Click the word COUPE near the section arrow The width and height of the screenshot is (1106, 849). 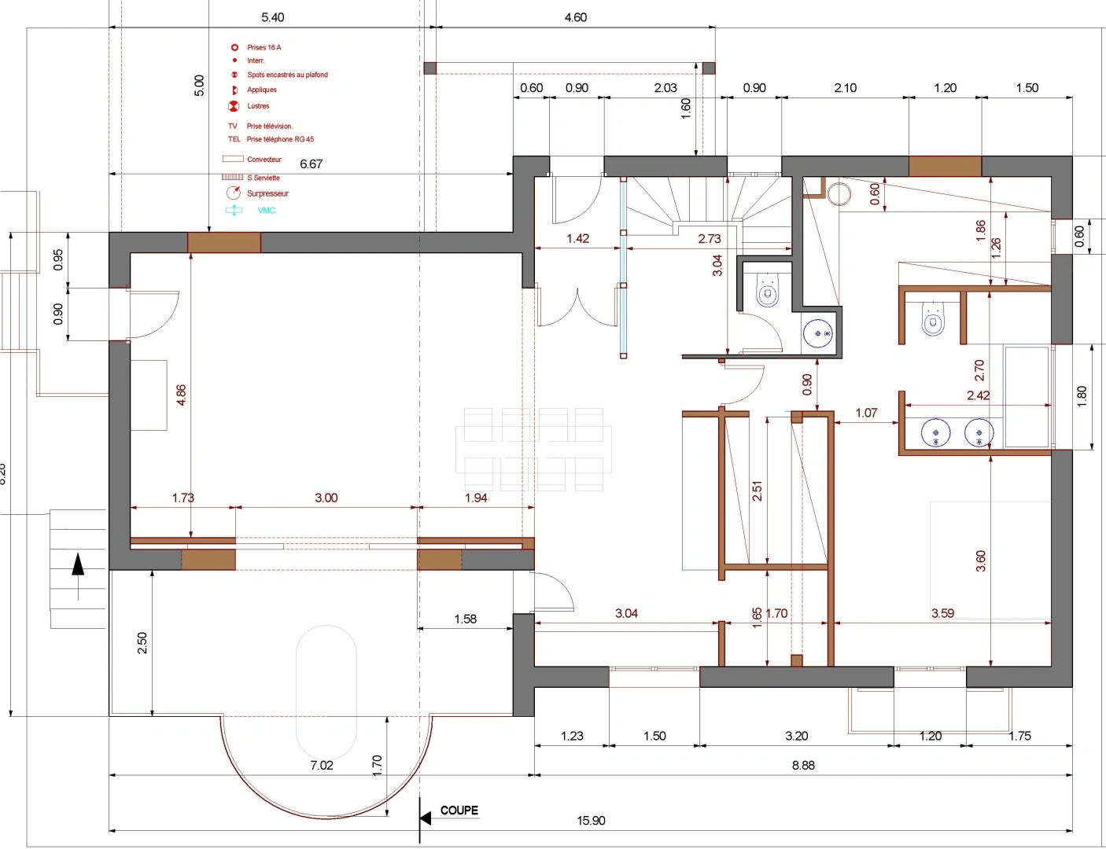459,810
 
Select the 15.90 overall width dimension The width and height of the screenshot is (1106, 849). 591,821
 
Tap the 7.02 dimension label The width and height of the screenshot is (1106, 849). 322,765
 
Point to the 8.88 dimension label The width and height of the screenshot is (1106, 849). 803,765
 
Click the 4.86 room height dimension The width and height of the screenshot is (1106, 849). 181,395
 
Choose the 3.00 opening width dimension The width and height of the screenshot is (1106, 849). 326,498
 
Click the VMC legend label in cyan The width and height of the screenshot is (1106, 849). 266,211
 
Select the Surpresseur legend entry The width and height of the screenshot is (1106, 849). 267,193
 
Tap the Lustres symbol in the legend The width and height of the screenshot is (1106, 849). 234,106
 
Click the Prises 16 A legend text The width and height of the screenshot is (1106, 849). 264,47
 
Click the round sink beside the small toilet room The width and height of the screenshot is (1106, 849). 818,333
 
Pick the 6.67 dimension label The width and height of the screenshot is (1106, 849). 311,164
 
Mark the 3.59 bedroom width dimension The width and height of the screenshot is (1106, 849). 942,613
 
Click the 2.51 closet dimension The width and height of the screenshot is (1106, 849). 758,491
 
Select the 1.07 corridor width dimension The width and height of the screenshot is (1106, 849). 866,413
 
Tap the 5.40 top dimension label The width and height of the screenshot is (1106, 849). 272,17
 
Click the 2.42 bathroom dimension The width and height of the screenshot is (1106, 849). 978,395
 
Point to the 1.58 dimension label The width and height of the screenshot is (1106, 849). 465,619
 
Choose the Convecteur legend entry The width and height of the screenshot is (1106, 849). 252,159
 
